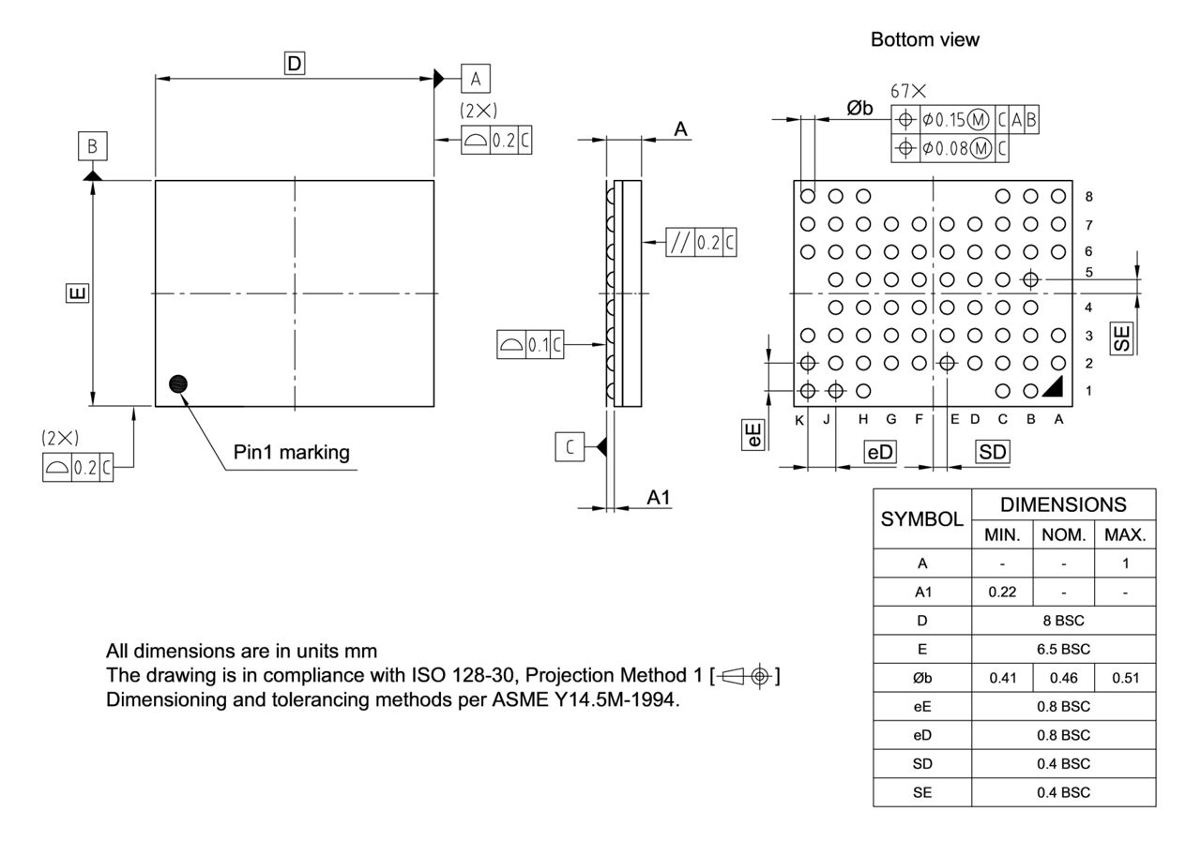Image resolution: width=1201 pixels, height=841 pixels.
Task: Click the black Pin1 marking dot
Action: [x=178, y=383]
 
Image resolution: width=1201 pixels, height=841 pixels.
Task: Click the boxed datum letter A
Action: [x=476, y=79]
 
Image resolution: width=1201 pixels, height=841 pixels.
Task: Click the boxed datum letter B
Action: [x=92, y=146]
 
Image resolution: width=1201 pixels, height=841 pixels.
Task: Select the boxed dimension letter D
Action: [x=295, y=64]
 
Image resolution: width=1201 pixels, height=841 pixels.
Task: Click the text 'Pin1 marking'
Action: [x=291, y=452]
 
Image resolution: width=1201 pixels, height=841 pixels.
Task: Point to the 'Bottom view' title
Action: [x=924, y=39]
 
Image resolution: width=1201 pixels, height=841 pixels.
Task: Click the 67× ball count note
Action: [x=907, y=91]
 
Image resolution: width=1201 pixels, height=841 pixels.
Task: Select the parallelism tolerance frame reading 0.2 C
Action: [x=701, y=242]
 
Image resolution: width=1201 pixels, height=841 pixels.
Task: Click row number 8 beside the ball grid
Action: [x=1088, y=196]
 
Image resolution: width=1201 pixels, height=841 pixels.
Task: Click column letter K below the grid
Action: [x=799, y=419]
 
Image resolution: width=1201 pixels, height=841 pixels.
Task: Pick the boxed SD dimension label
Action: [x=993, y=452]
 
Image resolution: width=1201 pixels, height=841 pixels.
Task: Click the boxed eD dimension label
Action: [x=880, y=452]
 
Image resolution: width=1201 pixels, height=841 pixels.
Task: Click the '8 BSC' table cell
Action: [x=1063, y=621]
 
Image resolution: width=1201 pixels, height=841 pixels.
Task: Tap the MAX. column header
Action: [x=1125, y=535]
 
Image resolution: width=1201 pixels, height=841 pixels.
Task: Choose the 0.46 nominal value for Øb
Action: [x=1063, y=678]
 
